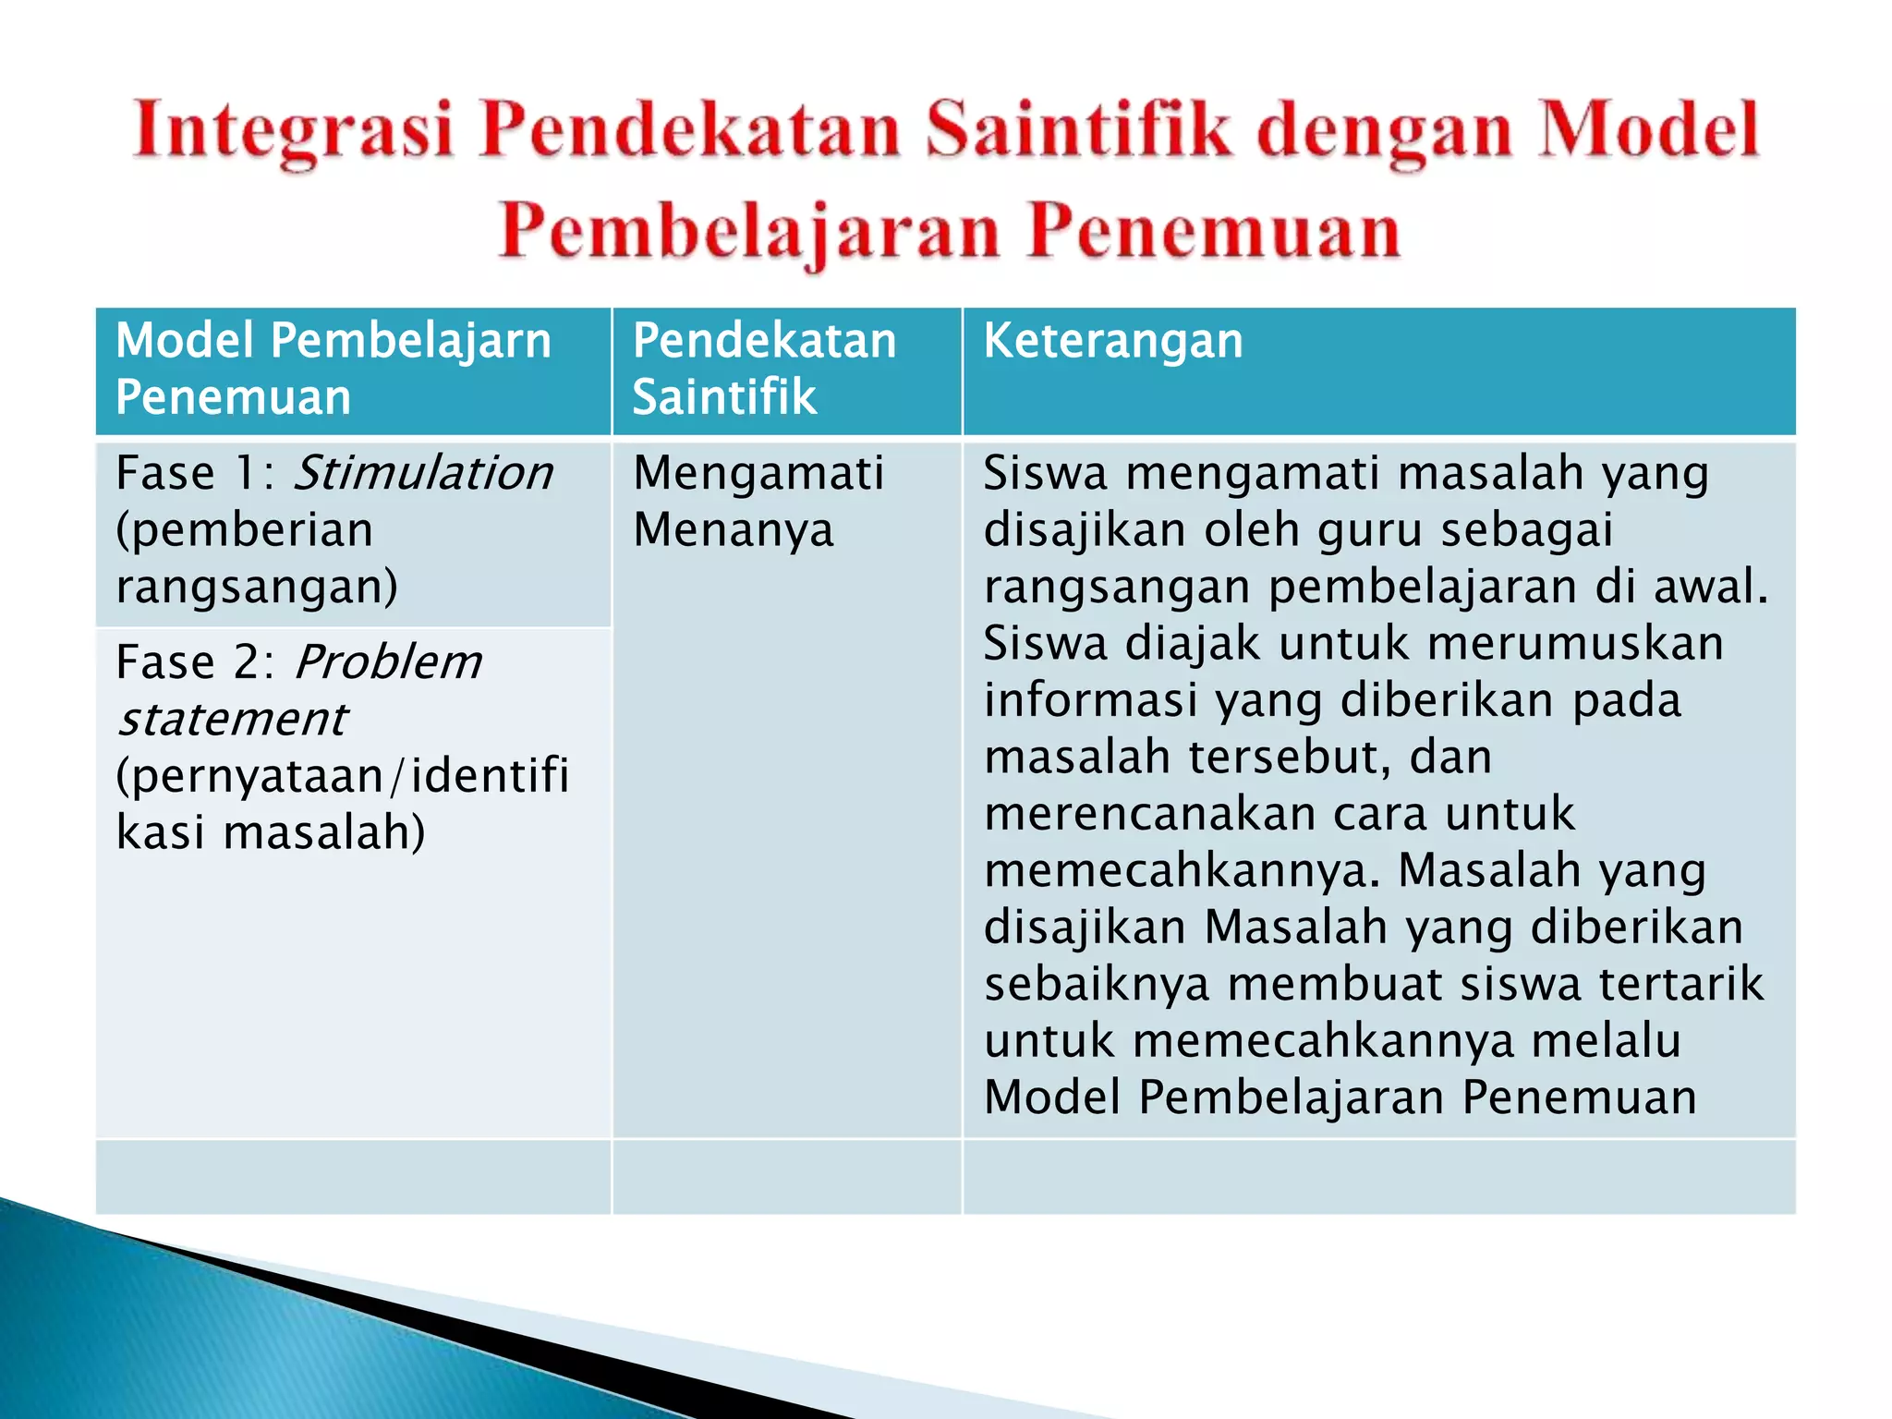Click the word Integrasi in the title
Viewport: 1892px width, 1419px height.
tap(294, 131)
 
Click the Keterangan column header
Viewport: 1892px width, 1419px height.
tap(1113, 340)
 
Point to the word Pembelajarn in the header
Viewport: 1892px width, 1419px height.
tap(411, 340)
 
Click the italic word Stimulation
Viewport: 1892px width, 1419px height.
tap(423, 473)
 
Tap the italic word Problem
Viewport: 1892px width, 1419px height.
tap(388, 662)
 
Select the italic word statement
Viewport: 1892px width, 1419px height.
tap(233, 720)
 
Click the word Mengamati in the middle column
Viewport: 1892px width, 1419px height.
tap(758, 473)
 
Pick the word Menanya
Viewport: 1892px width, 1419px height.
tap(734, 530)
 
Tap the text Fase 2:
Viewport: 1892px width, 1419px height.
tap(195, 662)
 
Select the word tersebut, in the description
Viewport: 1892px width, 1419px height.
tap(1290, 757)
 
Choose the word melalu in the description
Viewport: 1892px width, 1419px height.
tap(1606, 1041)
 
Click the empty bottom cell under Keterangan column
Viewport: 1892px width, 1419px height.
tap(1378, 1176)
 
